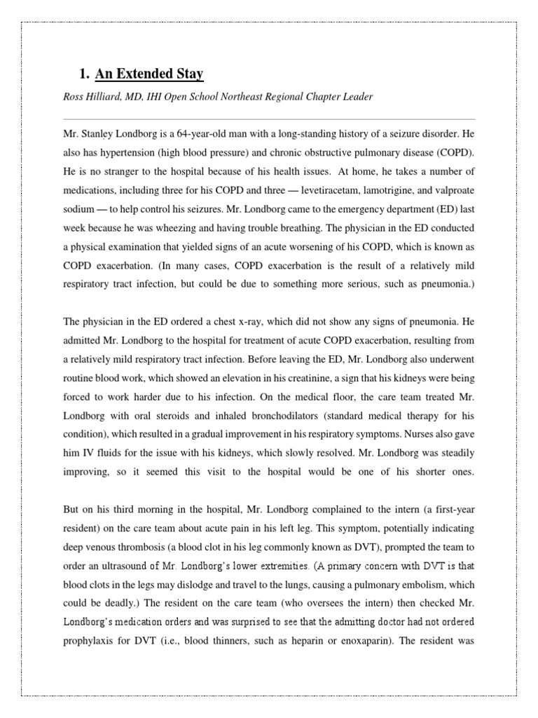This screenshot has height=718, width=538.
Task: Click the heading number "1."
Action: (x=85, y=74)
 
